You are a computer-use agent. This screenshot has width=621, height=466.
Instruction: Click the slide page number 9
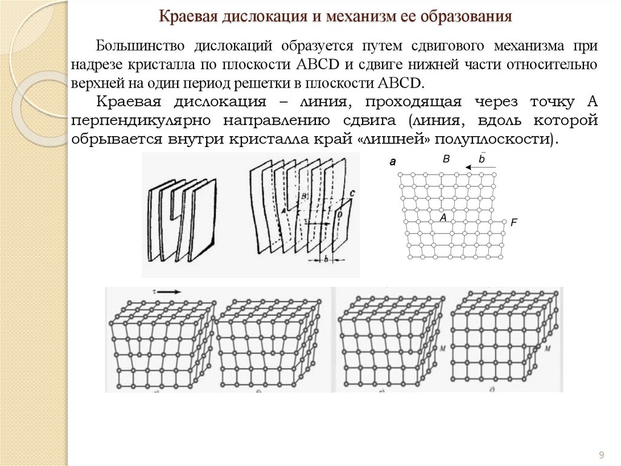pos(602,455)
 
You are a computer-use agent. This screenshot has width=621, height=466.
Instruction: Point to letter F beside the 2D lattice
pos(514,223)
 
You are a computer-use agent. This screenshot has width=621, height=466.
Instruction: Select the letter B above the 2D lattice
pos(446,159)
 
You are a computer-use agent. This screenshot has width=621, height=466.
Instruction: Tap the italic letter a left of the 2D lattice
pos(392,162)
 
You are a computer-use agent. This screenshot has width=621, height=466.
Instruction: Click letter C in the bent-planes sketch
pos(352,193)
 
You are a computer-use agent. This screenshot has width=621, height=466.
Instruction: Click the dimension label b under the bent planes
pos(326,259)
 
